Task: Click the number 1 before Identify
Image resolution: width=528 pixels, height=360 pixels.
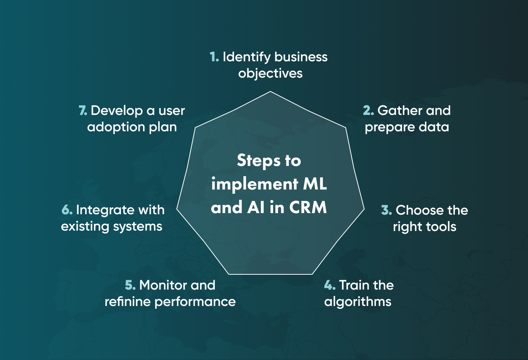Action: point(214,57)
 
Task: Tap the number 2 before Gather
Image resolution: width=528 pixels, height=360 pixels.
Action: point(368,111)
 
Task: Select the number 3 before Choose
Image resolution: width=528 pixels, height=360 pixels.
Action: point(386,210)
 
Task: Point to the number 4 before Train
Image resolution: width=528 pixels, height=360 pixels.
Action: point(329,285)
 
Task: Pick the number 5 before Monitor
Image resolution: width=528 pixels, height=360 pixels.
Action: point(130,285)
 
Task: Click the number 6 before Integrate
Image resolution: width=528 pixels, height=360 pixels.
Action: point(67,210)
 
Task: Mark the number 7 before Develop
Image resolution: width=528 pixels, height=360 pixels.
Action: point(83,111)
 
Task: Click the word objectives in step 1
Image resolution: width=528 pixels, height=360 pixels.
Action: point(270,73)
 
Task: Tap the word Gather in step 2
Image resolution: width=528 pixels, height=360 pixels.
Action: point(400,111)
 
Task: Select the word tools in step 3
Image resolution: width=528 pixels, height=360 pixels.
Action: point(441,227)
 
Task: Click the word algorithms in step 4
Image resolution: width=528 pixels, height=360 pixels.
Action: point(358,302)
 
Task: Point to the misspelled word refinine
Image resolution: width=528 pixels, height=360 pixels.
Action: point(127,302)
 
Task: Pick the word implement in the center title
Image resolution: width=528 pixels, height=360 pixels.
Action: point(254,185)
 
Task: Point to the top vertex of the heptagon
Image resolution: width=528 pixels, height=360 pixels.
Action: point(270,92)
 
